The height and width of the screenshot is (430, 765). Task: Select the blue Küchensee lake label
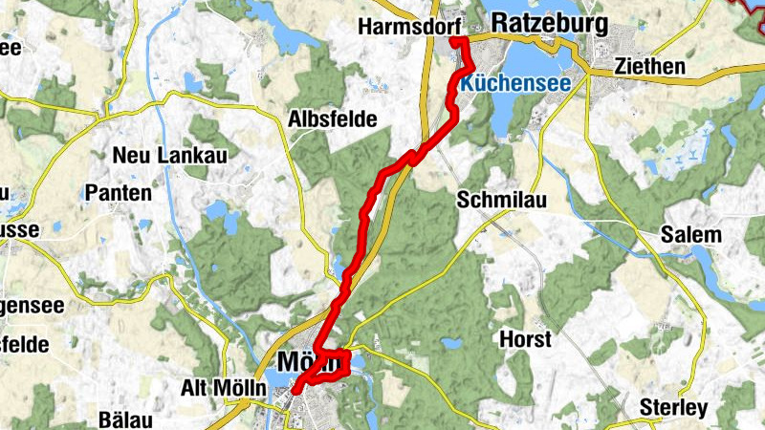tap(514, 84)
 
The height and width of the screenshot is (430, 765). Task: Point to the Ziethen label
tap(650, 67)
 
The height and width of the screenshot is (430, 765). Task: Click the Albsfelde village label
tap(332, 119)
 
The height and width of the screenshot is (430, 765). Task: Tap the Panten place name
tap(119, 192)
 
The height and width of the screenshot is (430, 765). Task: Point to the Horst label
tap(525, 339)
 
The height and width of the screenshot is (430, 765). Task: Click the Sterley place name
tap(674, 408)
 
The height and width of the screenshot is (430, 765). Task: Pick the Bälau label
tap(127, 419)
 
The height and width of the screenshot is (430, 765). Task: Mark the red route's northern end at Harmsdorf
tap(455, 42)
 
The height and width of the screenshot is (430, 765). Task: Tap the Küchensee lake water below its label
tap(507, 115)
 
